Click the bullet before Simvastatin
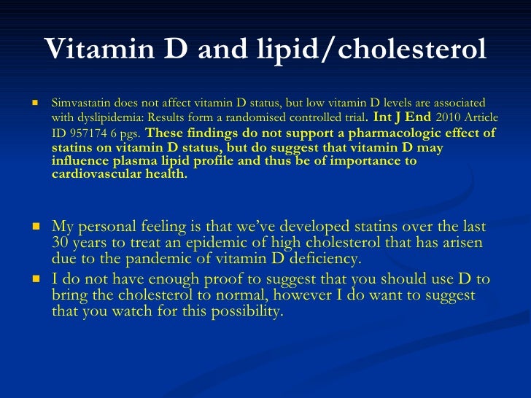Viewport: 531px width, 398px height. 34,103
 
